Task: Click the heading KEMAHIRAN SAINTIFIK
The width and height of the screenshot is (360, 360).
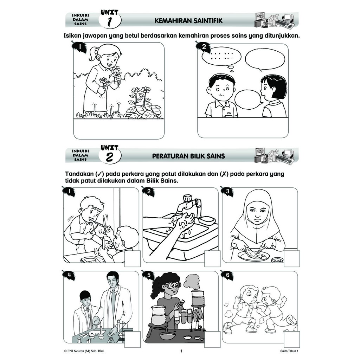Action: click(x=188, y=21)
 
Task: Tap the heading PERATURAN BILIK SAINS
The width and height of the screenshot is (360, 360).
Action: click(x=188, y=156)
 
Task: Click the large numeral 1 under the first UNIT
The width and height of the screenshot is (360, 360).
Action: click(x=110, y=22)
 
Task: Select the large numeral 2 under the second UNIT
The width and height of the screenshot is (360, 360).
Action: click(x=110, y=157)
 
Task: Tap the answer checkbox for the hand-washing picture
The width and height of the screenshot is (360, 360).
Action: click(x=212, y=258)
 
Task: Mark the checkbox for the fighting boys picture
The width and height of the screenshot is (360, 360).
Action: click(x=291, y=339)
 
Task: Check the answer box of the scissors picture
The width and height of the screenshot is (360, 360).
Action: click(x=133, y=258)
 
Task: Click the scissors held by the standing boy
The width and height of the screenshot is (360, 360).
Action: click(x=102, y=224)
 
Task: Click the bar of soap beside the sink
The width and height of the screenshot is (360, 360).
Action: click(x=206, y=219)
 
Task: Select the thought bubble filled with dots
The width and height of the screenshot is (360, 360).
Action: click(x=221, y=57)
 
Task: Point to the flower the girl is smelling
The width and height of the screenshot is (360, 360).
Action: click(x=116, y=70)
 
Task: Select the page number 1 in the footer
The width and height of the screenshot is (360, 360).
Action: click(x=181, y=351)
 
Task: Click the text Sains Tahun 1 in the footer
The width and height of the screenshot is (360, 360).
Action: click(x=289, y=351)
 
